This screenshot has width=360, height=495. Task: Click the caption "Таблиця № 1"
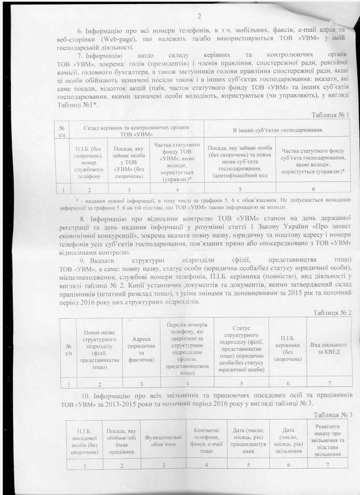[x=330, y=115]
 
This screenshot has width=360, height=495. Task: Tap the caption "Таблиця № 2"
[x=332, y=312]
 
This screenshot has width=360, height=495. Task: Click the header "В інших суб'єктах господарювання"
[x=277, y=130]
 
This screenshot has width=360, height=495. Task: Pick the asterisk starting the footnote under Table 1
[x=77, y=200]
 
